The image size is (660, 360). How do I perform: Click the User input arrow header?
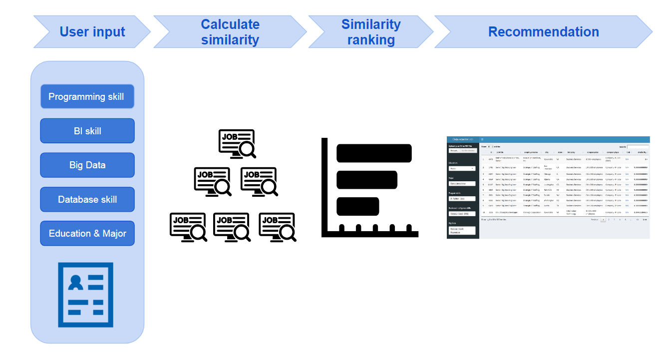92,32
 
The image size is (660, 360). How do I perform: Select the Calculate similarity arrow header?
230,32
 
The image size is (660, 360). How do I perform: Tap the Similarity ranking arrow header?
371,32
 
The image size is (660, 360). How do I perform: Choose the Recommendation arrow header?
543,32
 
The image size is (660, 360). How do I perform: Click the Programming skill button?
87,97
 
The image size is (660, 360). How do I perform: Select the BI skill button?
87,131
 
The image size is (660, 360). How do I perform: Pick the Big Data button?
87,165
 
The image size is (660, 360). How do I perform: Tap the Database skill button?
87,199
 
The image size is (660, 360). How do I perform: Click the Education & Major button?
87,233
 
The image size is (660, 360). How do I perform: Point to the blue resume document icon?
85,295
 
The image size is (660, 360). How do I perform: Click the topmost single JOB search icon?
237,144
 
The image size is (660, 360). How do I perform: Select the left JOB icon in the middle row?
212,181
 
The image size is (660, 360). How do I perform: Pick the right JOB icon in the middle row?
259,181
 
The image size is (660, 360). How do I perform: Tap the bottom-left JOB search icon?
188,227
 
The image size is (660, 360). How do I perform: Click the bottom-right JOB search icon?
278,227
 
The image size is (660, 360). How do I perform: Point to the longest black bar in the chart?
374,153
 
